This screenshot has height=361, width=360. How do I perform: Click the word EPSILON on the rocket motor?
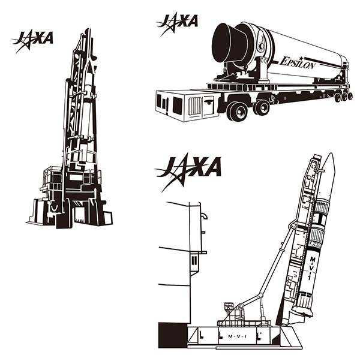298,62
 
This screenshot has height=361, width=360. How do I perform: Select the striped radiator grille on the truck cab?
195,106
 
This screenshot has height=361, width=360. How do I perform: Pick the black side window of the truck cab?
177,106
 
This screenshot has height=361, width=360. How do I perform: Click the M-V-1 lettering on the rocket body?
311,268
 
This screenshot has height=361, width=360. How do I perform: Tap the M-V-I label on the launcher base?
237,336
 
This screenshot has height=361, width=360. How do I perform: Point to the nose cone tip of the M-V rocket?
331,154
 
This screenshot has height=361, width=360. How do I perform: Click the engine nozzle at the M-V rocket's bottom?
303,311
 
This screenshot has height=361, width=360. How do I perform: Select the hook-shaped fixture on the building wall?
204,216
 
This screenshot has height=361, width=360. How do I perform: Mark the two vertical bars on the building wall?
194,260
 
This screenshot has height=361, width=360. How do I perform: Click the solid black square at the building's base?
173,335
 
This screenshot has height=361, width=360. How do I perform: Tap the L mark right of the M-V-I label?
259,336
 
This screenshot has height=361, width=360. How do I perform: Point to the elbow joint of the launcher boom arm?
260,295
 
